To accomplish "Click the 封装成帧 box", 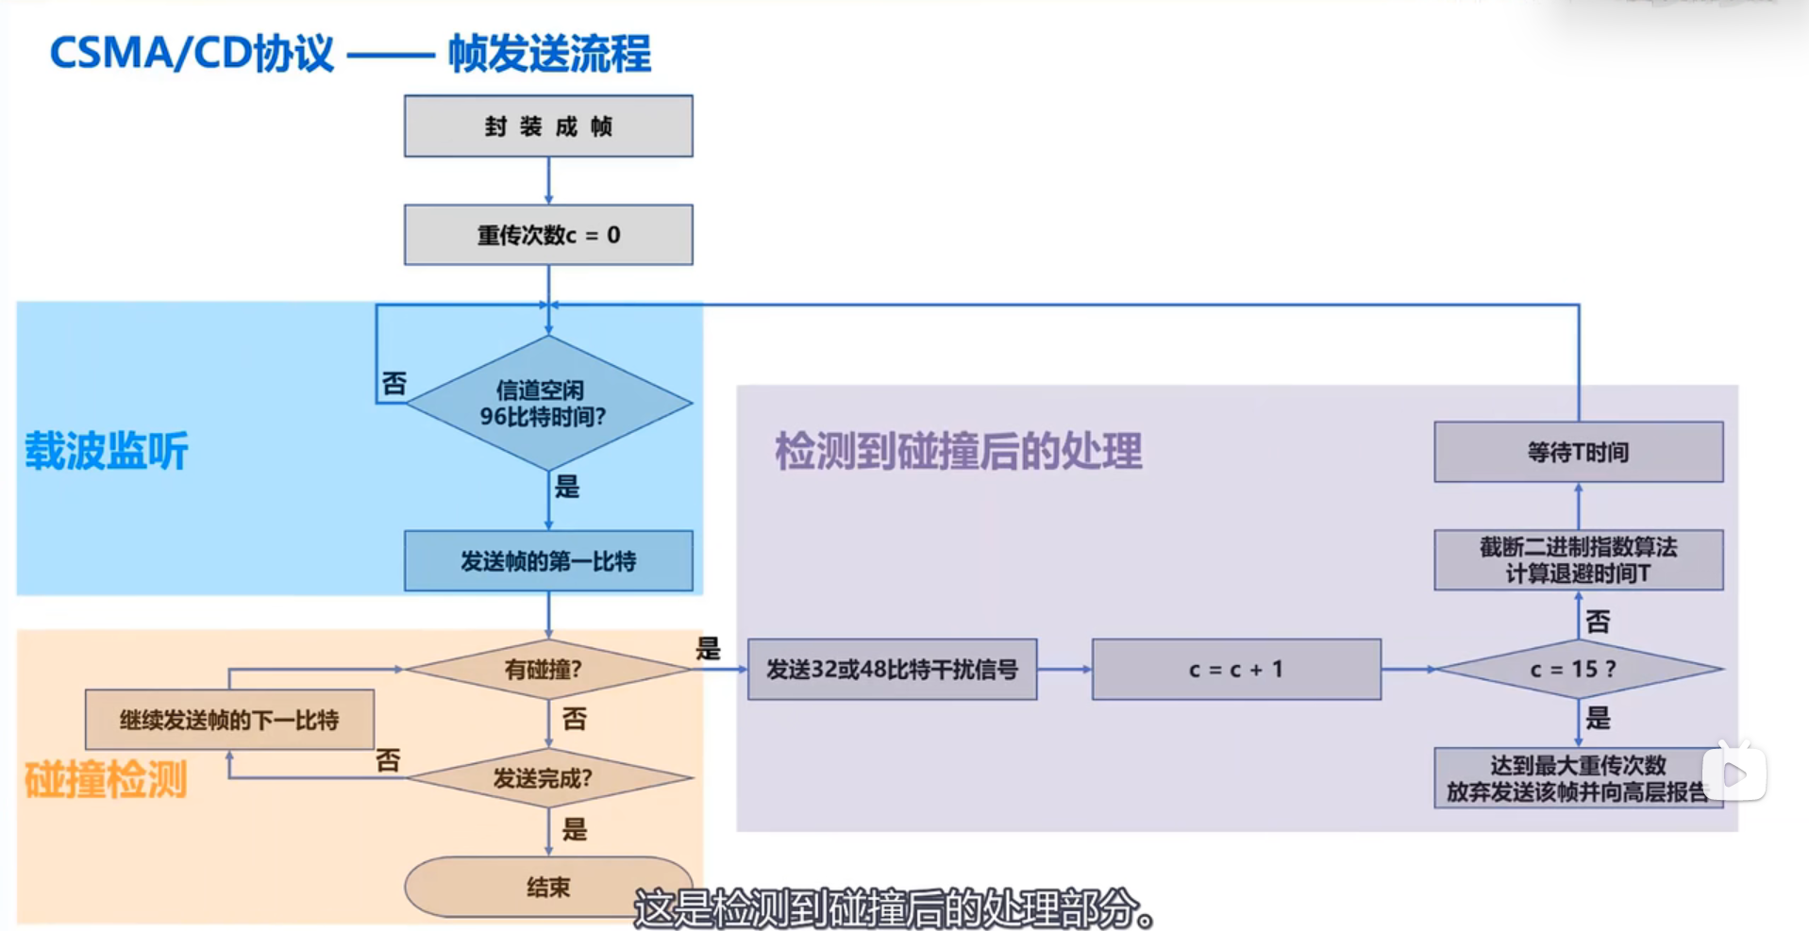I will click(548, 126).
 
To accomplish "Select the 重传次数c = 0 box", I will click(548, 235).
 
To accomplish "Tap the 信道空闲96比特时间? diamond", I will click(547, 404).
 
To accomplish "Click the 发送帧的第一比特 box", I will click(548, 561).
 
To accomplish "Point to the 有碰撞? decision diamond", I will click(547, 670).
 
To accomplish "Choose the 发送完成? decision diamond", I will click(547, 778).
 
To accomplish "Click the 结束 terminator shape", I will click(547, 887).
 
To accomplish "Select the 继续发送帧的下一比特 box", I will click(229, 720).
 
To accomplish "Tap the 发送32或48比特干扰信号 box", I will click(892, 670).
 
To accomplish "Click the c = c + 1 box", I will click(1236, 670).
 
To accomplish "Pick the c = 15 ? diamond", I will click(1578, 670).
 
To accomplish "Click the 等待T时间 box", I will click(1578, 453).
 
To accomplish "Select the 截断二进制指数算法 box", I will click(1578, 560).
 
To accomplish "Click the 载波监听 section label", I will click(107, 451).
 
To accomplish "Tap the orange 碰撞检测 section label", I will click(106, 780).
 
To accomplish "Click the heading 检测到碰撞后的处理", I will click(958, 451).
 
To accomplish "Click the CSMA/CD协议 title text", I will click(192, 54).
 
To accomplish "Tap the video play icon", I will click(1734, 774).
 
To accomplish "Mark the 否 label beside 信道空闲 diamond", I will click(394, 384).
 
